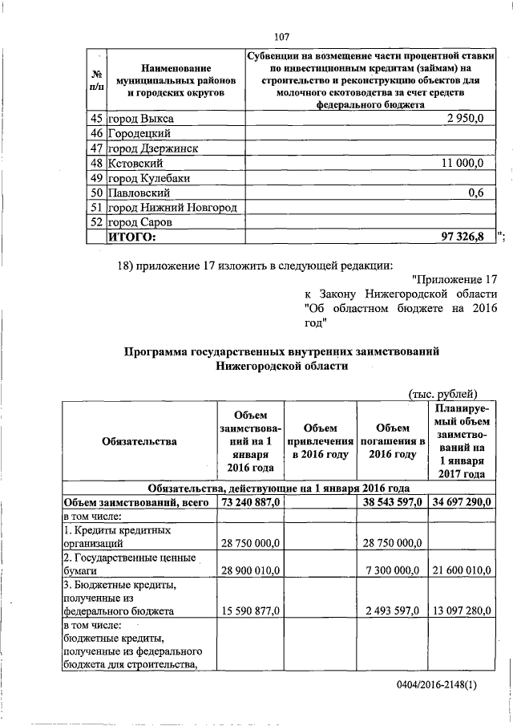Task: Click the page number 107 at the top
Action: click(x=281, y=36)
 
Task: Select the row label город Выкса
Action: click(x=140, y=119)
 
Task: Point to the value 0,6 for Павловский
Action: click(x=476, y=193)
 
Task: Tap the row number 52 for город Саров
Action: click(x=95, y=222)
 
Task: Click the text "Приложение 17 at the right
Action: click(x=454, y=278)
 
